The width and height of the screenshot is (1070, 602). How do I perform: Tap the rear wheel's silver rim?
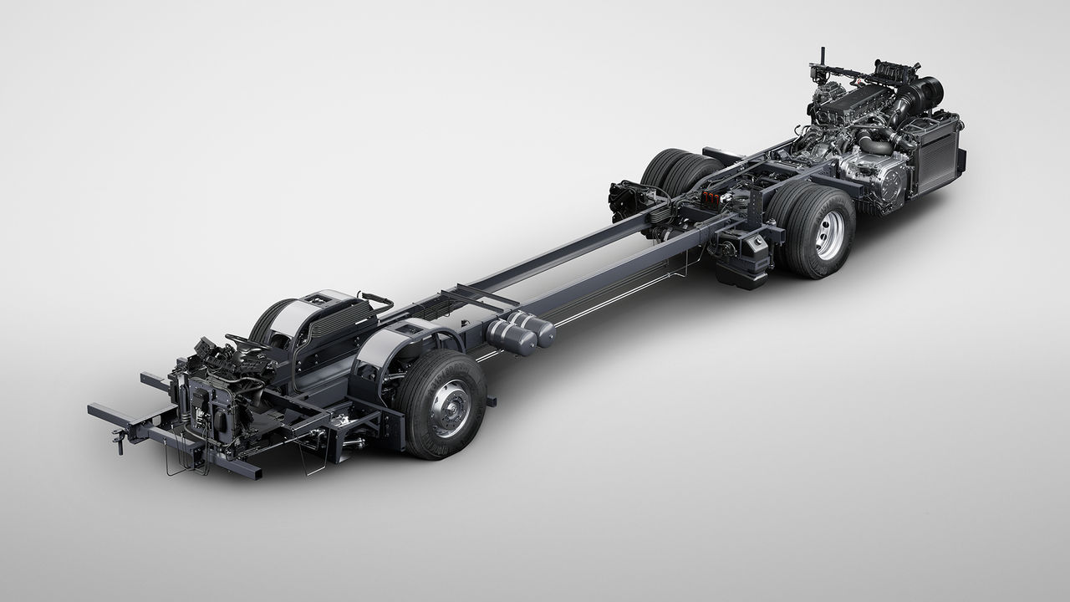tap(830, 235)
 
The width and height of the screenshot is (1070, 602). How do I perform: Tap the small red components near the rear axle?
tap(711, 198)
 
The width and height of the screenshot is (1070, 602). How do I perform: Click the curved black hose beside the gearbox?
tap(874, 145)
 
